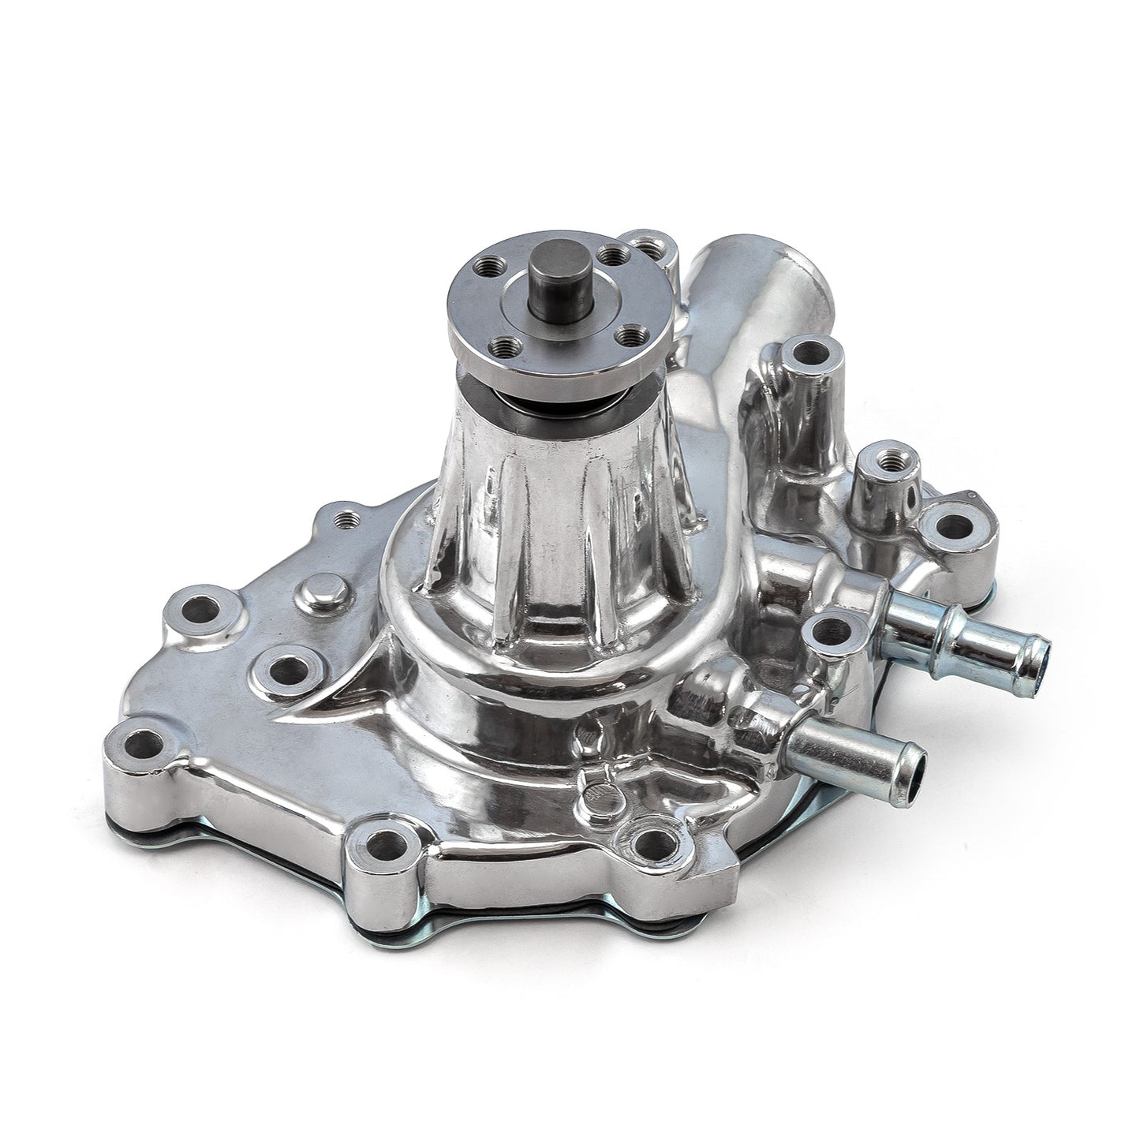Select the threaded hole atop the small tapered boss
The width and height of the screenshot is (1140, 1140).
pyautogui.click(x=876, y=457)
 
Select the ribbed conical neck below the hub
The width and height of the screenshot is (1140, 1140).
pyautogui.click(x=552, y=505)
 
